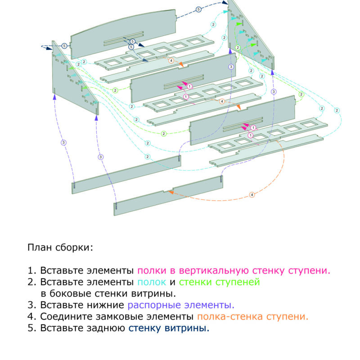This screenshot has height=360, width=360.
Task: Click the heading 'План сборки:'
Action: click(x=60, y=247)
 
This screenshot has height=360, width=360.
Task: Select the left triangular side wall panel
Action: click(x=67, y=72)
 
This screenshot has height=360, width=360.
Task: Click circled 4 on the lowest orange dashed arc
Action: click(x=252, y=195)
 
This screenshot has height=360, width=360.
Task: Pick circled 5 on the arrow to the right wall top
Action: click(x=198, y=9)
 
